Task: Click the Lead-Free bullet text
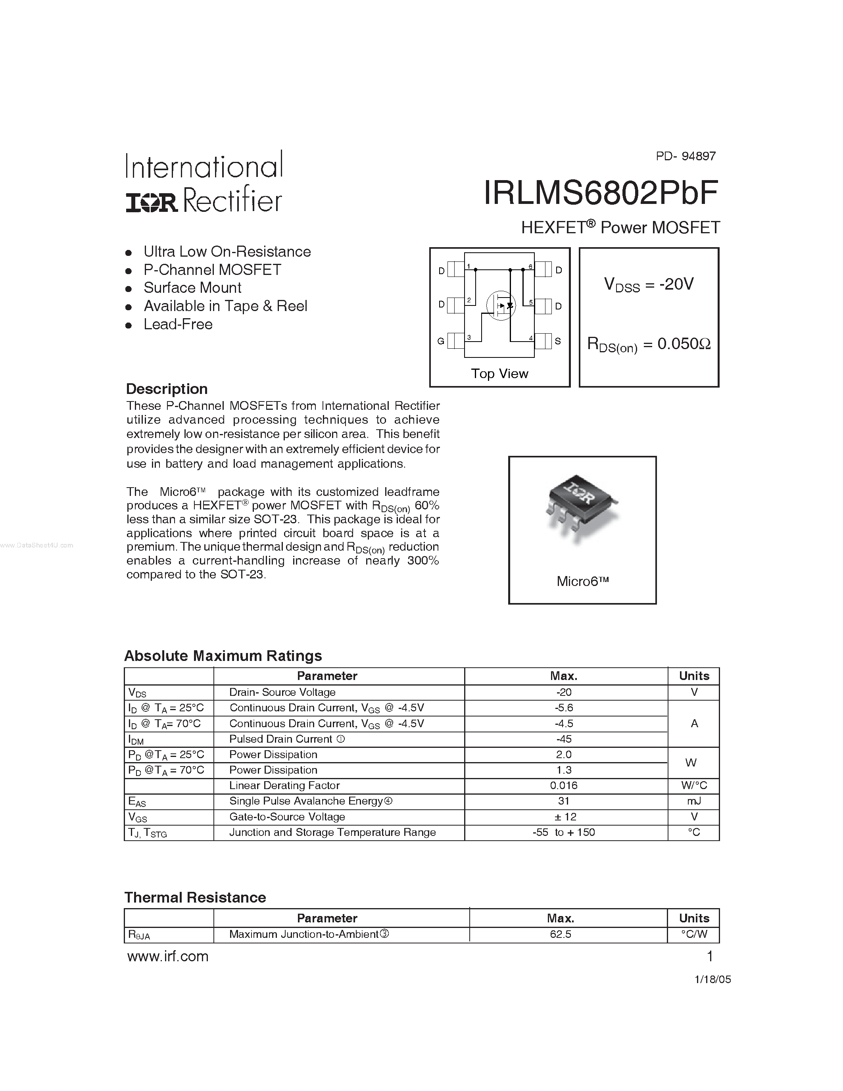click(x=178, y=324)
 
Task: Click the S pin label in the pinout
click(x=558, y=341)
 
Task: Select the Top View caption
click(x=499, y=374)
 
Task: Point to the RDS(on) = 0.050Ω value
click(x=649, y=344)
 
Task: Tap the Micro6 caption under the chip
click(x=582, y=581)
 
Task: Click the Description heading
click(x=167, y=389)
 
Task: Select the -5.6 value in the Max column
click(x=564, y=708)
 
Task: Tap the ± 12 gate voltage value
click(x=564, y=817)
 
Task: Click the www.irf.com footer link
click(x=168, y=957)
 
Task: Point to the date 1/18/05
click(x=712, y=980)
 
